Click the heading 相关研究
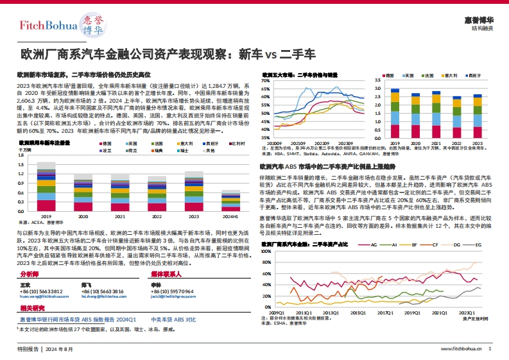(31, 309)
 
